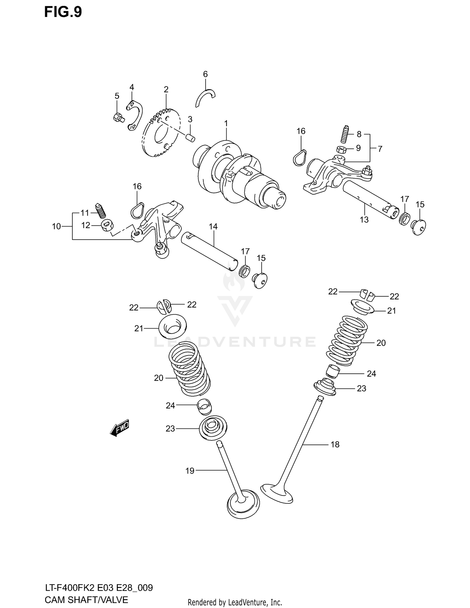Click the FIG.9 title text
coord(63,12)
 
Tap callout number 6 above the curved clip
coord(205,74)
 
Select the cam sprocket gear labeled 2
coord(161,133)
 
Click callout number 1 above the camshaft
coord(226,123)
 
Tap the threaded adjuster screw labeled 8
coord(346,134)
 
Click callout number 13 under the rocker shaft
coord(364,220)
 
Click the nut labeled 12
coord(107,225)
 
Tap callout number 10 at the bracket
coord(56,226)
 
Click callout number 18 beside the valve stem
coord(335,444)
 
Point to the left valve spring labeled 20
coord(189,370)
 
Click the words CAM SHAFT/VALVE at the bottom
coord(86,600)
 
